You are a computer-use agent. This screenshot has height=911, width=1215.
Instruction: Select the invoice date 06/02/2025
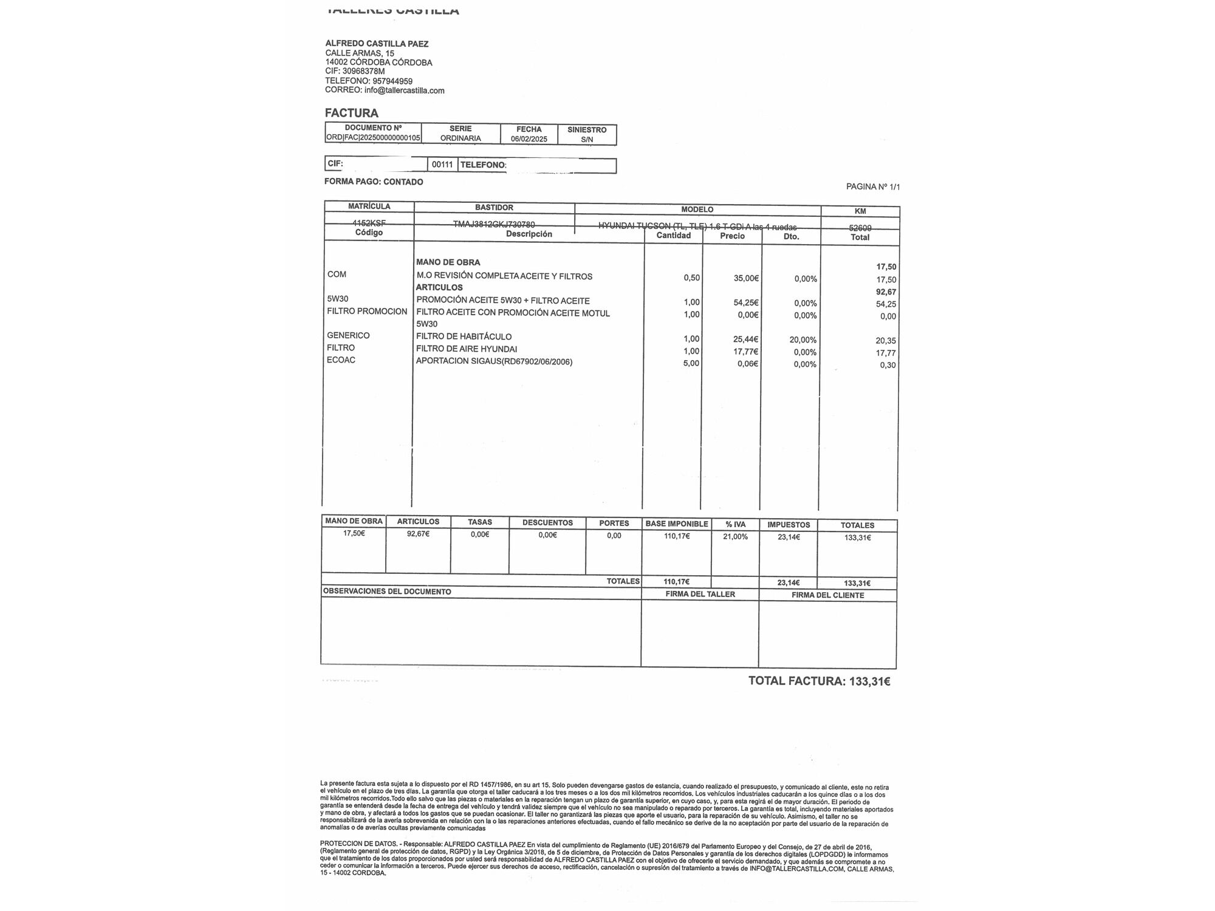point(529,139)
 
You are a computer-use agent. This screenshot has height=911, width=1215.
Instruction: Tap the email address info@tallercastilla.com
point(404,90)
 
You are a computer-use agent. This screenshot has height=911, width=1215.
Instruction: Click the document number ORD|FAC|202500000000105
point(373,138)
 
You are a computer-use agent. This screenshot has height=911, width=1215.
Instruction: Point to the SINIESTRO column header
point(587,130)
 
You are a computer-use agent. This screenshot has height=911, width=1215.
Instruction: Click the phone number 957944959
point(392,81)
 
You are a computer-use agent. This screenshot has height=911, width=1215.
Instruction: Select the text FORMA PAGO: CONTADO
point(374,182)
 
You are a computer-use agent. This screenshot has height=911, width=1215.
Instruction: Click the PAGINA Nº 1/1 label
point(873,186)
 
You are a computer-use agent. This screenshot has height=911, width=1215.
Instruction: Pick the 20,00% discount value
point(803,340)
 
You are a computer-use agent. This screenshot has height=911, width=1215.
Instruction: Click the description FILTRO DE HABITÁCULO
point(464,336)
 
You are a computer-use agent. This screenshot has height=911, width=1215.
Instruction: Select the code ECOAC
point(341,360)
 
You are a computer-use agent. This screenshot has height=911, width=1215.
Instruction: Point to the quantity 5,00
point(691,363)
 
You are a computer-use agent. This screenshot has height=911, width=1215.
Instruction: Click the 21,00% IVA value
point(735,537)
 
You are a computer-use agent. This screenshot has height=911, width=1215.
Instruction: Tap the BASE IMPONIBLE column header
point(676,524)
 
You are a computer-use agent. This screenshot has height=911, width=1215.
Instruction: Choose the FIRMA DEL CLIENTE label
point(827,595)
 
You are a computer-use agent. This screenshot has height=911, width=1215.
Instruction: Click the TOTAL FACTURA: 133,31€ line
point(819,681)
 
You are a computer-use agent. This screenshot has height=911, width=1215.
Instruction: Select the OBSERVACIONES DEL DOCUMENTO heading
point(387,592)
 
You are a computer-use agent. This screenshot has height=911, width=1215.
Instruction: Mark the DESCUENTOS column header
point(547,522)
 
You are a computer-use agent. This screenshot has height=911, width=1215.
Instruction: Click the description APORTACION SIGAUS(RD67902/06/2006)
point(494,361)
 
